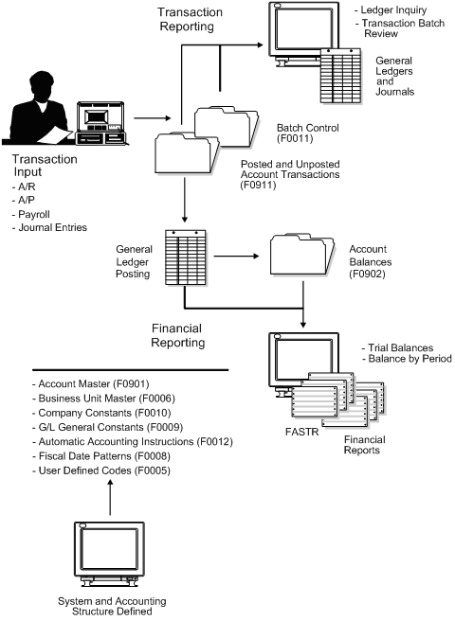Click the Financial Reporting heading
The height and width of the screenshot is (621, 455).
(191, 335)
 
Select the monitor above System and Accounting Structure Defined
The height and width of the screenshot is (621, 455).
(111, 552)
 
